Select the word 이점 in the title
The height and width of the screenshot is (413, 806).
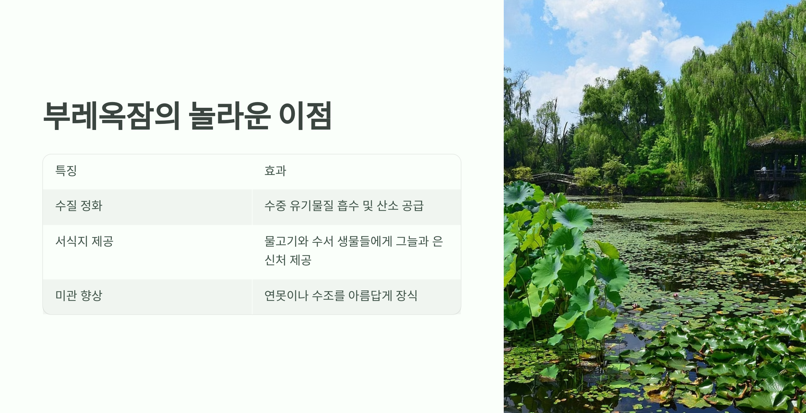pyautogui.click(x=305, y=116)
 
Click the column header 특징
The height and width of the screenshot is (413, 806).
pyautogui.click(x=66, y=171)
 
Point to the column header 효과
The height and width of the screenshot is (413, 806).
pyautogui.click(x=275, y=171)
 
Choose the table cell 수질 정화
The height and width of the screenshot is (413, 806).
pyautogui.click(x=79, y=205)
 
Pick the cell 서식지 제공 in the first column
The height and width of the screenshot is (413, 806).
pyautogui.click(x=84, y=241)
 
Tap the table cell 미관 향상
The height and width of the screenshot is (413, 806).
pyautogui.click(x=79, y=295)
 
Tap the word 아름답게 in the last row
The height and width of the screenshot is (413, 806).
pyautogui.click(x=370, y=295)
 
